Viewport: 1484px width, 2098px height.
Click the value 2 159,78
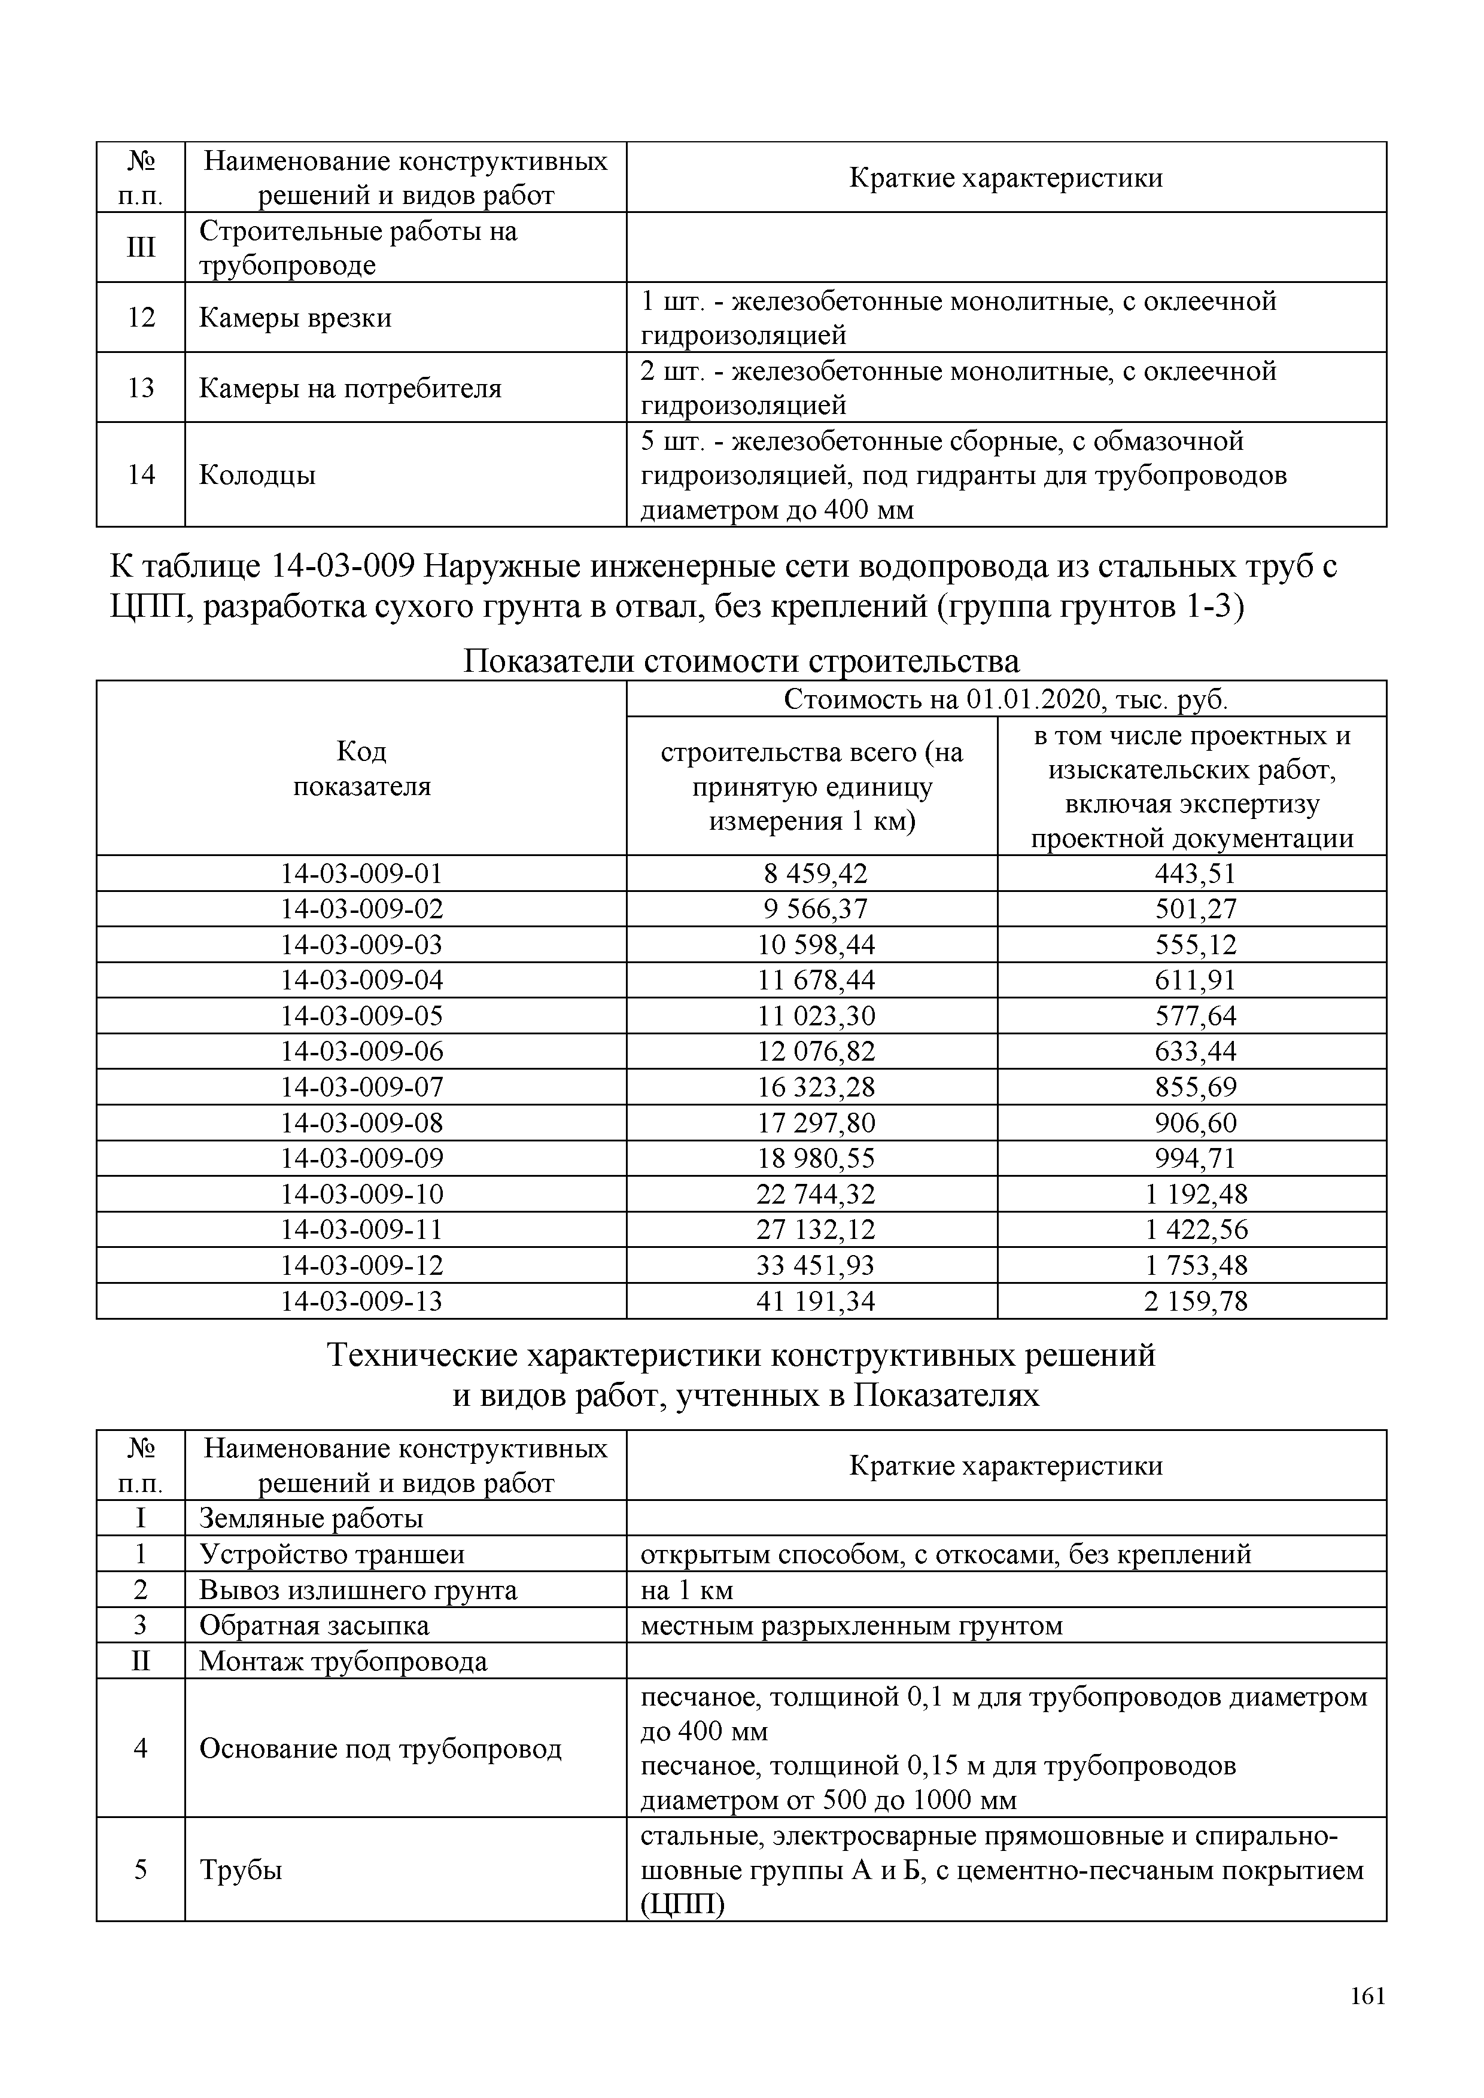(x=1194, y=1301)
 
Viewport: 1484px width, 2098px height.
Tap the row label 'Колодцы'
(x=258, y=475)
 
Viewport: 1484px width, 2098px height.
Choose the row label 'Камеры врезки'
(x=295, y=318)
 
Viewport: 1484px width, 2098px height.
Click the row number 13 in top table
(x=141, y=388)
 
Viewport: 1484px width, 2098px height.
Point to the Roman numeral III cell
(x=141, y=248)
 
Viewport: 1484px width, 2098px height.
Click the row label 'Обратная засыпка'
(x=314, y=1625)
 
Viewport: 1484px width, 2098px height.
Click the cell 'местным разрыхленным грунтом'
(x=852, y=1625)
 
